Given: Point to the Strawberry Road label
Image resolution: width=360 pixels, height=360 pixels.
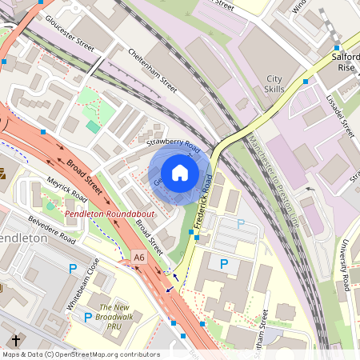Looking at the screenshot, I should [x=173, y=145].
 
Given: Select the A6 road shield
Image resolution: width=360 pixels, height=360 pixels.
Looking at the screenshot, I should [x=139, y=258].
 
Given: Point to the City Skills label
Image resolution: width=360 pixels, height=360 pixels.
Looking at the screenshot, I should [x=274, y=85].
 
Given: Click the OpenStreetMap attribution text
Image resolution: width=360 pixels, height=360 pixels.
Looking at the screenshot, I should [x=80, y=354].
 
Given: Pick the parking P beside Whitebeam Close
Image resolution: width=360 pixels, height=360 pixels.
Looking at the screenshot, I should [x=74, y=269].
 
